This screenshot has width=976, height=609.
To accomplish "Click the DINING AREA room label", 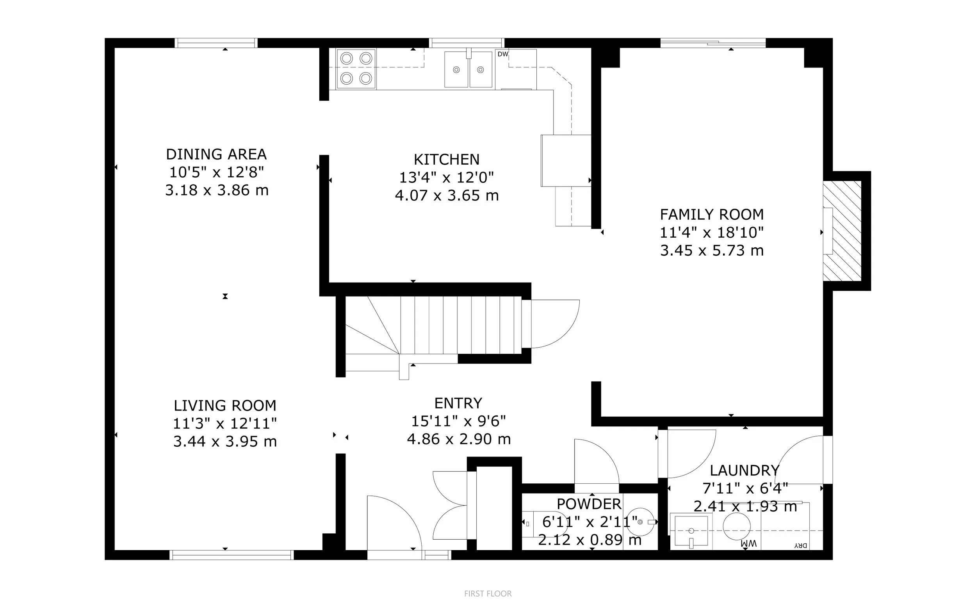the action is pos(216,154).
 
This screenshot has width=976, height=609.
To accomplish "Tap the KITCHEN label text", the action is pos(447,160).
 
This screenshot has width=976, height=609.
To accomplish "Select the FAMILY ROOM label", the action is pos(712,215).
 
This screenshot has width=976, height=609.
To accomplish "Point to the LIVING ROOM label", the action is pos(225,405).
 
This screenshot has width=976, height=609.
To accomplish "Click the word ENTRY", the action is pos(458,403).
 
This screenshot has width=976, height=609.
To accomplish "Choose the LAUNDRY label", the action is pos(745,471).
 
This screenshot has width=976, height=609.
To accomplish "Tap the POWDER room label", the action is pos(589,504).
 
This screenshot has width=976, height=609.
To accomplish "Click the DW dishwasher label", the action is pos(502,54).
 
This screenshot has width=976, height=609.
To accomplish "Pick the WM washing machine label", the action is pos(748,544).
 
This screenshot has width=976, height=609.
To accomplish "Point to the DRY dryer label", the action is pos(801,546).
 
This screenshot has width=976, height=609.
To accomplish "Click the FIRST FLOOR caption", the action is pos(488,594).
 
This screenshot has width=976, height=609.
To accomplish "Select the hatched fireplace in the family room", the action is pos(842,231).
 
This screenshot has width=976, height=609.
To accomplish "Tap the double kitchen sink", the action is pos(468,69).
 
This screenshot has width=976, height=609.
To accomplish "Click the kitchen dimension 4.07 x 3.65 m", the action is pos(447,196).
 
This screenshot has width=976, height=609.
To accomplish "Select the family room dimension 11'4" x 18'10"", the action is pos(712,233).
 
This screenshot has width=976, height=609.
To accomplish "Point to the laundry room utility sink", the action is pos(691,531).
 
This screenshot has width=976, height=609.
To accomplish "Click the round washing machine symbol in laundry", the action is pos(737,526).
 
